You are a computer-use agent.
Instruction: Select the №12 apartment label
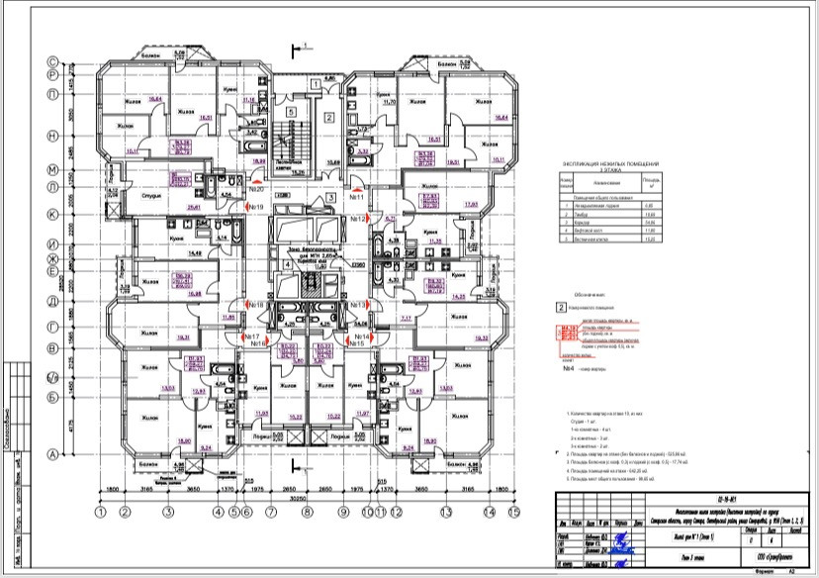click(x=357, y=218)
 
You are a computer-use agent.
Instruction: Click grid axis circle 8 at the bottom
click(x=307, y=513)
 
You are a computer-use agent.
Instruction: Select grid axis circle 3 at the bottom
click(x=168, y=513)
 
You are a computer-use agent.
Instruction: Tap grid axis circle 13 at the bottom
click(x=446, y=513)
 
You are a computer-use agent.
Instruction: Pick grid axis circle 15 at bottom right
click(x=514, y=513)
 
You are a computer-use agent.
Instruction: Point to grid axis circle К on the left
click(x=54, y=214)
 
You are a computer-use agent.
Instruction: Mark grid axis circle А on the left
click(x=54, y=452)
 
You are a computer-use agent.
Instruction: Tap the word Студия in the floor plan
click(x=151, y=195)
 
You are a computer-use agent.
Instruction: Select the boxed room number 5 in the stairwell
click(x=289, y=114)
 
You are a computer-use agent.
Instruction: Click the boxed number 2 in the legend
click(x=560, y=308)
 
